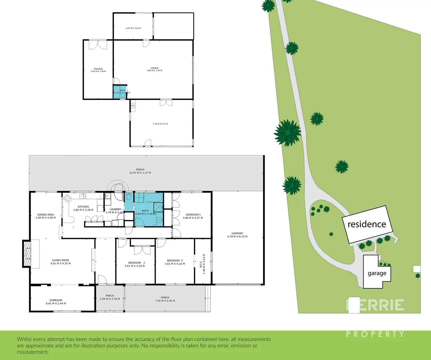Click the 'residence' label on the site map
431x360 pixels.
[x=367, y=224]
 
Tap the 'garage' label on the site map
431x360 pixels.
[x=377, y=273]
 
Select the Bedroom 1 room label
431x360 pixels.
[x=193, y=215]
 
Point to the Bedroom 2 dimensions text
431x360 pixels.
[x=175, y=264]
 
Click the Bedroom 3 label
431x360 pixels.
[x=136, y=263]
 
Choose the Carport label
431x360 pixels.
[x=237, y=233]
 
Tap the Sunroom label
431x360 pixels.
[x=56, y=300]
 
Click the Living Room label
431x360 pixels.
[x=60, y=260]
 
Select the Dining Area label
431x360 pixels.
[x=46, y=215]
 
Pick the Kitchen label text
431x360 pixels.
[x=83, y=207]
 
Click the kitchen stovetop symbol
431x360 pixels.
[x=68, y=198]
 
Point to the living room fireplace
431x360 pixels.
[x=27, y=253]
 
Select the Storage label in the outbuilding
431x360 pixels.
[x=98, y=69]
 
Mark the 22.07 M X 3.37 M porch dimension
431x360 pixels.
[x=140, y=173]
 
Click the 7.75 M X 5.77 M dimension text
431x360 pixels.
[x=160, y=124]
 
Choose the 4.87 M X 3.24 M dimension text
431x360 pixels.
[x=133, y=28]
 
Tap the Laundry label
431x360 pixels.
[x=116, y=209]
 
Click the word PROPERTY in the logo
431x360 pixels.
[x=375, y=334]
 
